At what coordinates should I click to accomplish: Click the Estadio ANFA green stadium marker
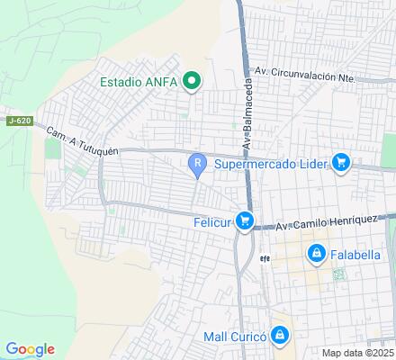pos(191,82)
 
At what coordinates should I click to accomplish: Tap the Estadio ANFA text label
pos(138,82)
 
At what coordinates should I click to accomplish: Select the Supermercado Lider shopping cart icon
pos(340,163)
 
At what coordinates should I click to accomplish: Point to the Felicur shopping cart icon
pos(245,221)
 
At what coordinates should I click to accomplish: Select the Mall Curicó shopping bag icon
pos(281,336)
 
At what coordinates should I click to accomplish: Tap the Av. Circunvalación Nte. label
pos(305,76)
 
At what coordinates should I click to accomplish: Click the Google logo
pos(30,349)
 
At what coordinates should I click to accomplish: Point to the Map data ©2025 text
pos(358,352)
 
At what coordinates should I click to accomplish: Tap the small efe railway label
pos(265,256)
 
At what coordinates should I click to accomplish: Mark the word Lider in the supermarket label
pos(310,164)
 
